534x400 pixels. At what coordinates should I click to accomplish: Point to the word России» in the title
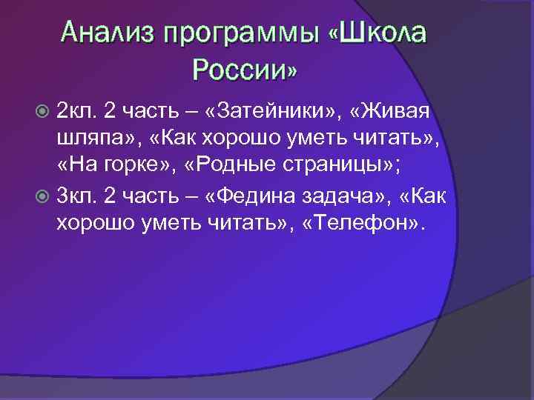pyautogui.click(x=245, y=70)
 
